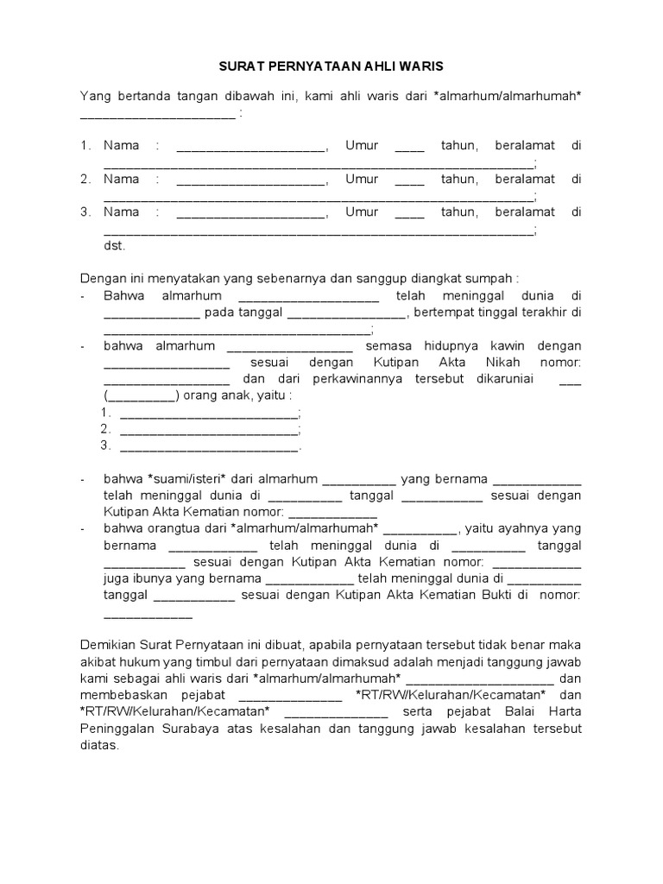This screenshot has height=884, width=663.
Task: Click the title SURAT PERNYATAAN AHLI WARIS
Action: pyautogui.click(x=331, y=66)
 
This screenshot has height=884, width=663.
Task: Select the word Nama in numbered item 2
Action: pyautogui.click(x=121, y=179)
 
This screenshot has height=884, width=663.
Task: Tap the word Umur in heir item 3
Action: pyautogui.click(x=362, y=212)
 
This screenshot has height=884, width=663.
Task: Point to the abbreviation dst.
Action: pyautogui.click(x=114, y=245)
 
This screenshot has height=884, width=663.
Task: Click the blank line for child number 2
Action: pyautogui.click(x=209, y=429)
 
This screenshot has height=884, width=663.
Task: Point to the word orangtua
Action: pyautogui.click(x=177, y=528)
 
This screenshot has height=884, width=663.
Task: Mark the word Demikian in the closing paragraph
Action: pyautogui.click(x=109, y=645)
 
